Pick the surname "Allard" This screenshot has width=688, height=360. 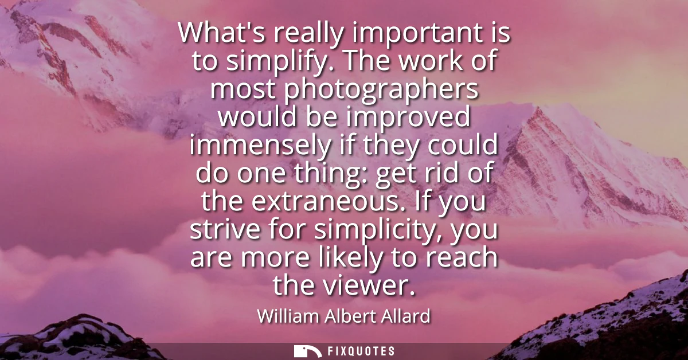405,316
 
